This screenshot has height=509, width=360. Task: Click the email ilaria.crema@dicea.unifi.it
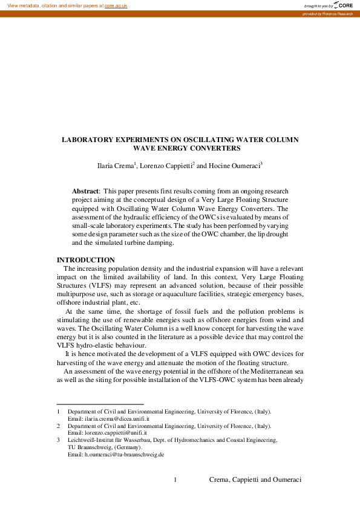pos(108,418)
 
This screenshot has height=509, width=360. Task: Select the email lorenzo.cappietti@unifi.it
pos(110,433)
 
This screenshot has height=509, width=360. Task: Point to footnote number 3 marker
pos(58,440)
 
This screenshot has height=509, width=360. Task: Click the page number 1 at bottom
pos(175,480)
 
